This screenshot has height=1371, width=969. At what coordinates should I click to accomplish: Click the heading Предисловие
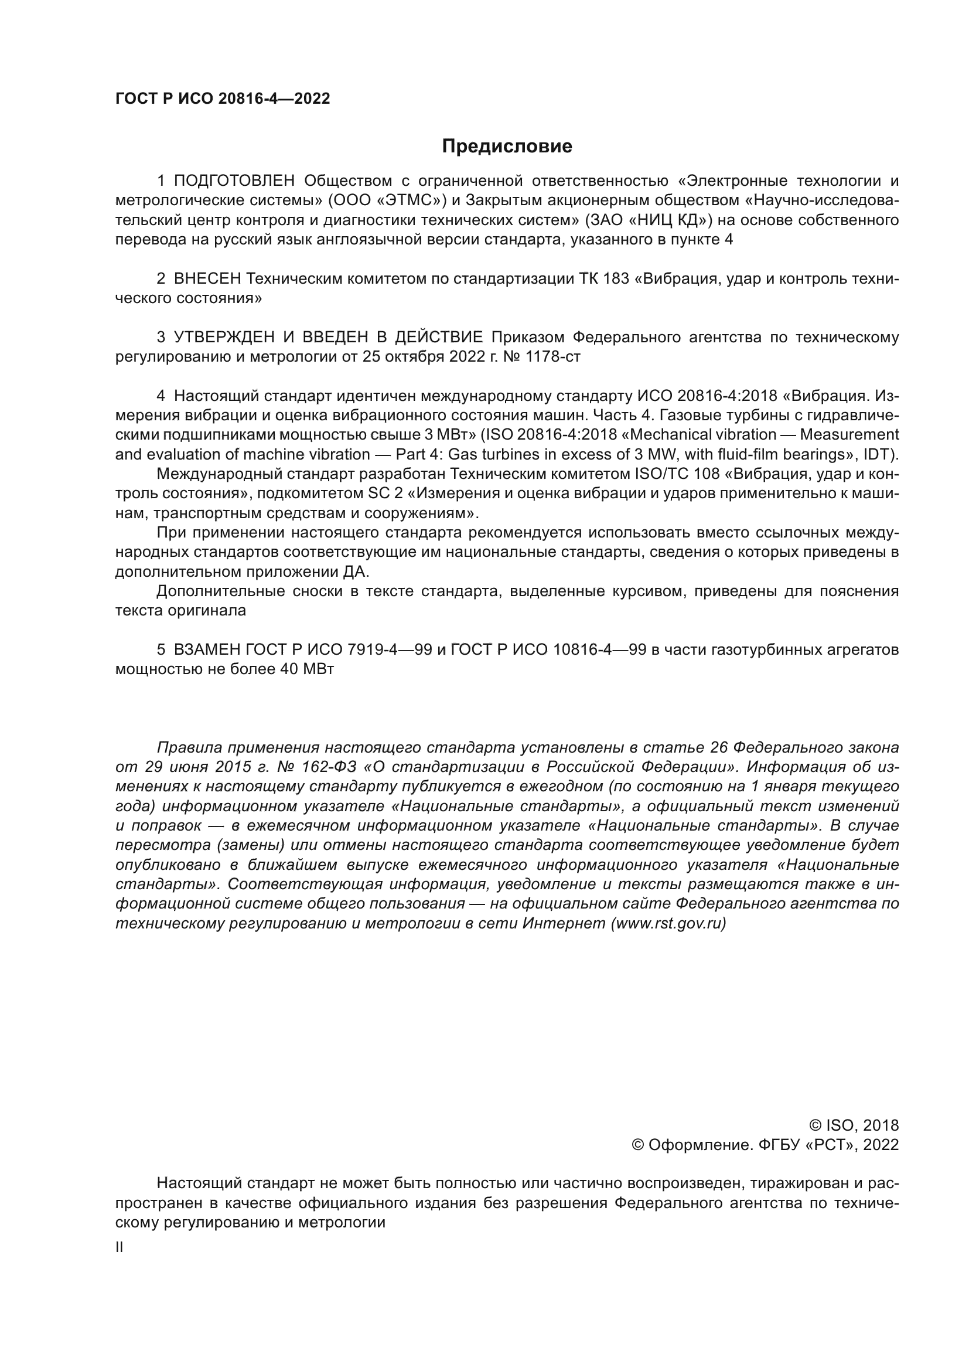(x=507, y=147)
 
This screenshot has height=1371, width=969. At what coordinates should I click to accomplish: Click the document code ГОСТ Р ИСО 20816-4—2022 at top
(x=223, y=98)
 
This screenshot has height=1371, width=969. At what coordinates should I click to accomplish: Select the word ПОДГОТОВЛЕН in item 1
(x=234, y=181)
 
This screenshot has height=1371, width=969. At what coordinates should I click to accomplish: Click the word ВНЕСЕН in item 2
(x=207, y=279)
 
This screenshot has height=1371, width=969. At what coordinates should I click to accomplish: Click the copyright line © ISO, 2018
(x=854, y=1125)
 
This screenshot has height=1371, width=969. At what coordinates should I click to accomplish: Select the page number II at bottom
(x=120, y=1248)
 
